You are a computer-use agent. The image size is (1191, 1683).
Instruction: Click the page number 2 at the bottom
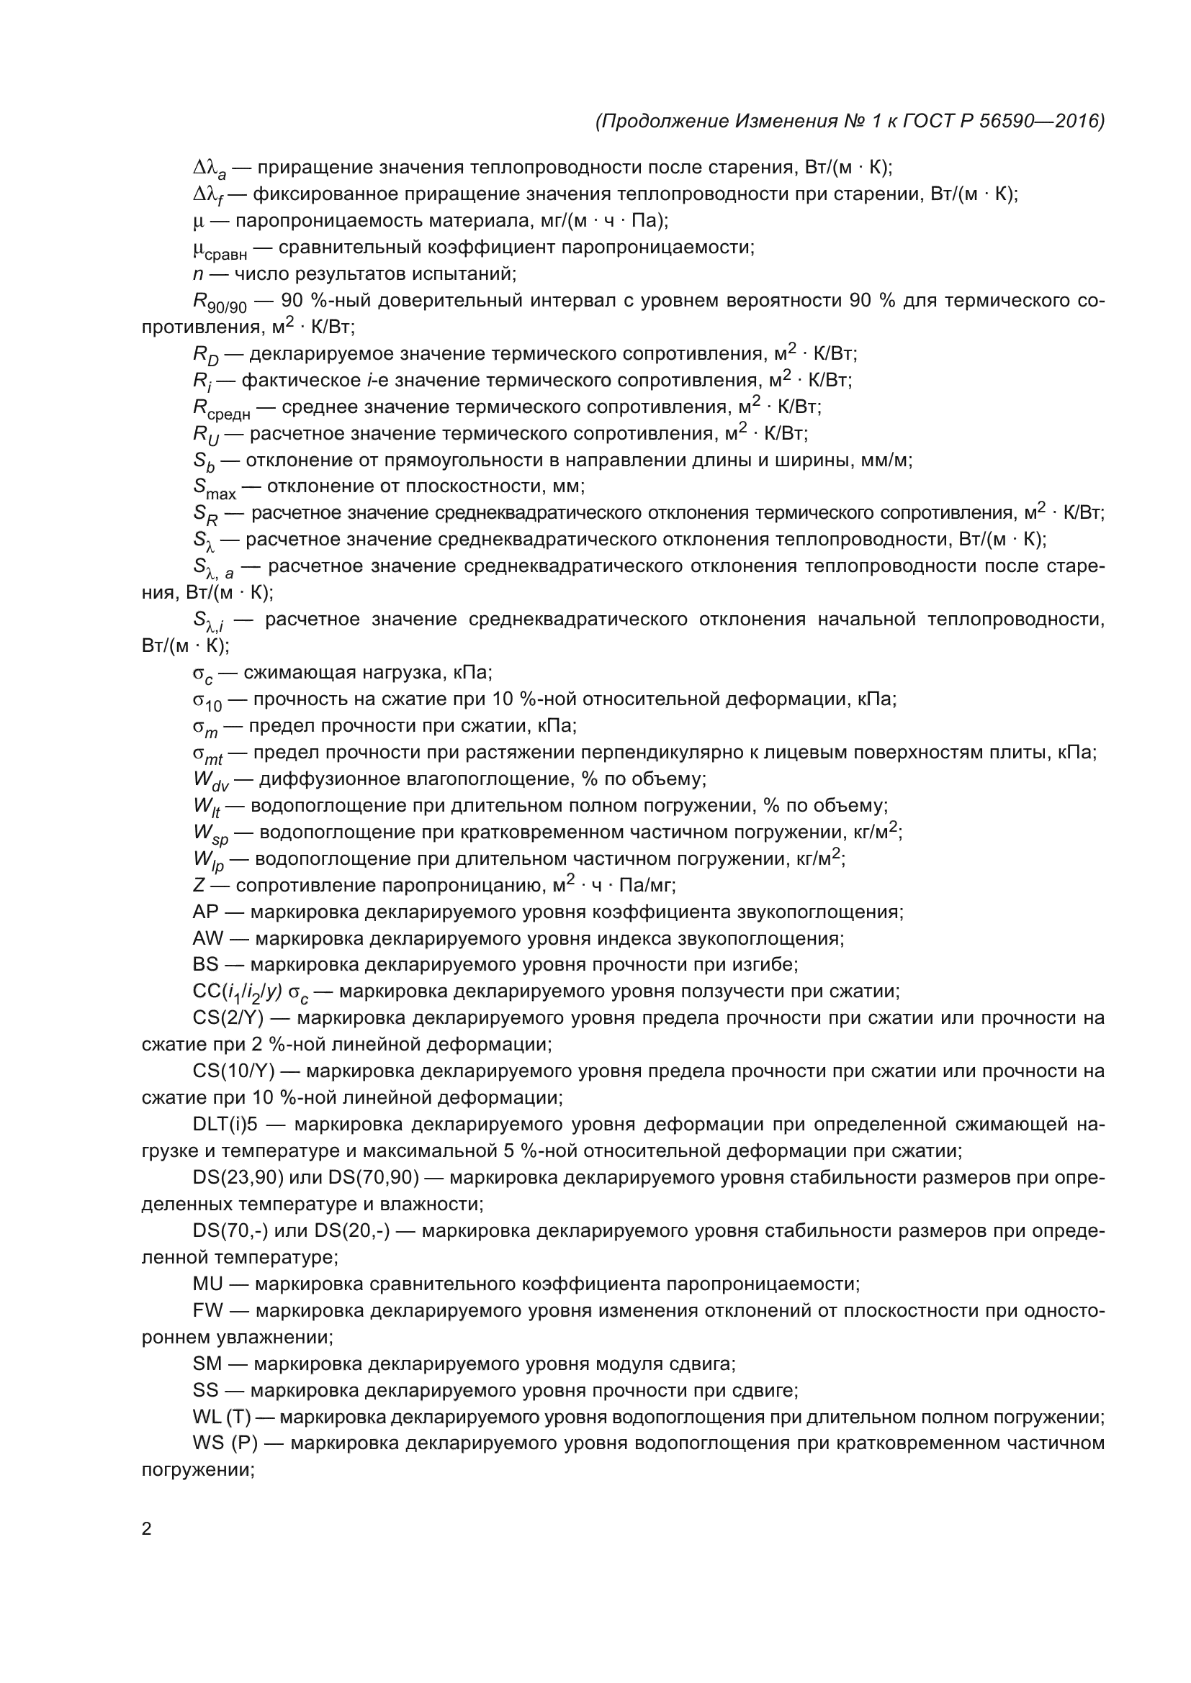pyautogui.click(x=147, y=1529)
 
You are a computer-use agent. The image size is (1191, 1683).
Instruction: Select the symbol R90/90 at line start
pyautogui.click(x=220, y=303)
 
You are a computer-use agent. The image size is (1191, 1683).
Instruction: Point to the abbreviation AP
pyautogui.click(x=205, y=912)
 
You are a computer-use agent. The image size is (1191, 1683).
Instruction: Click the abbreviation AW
pyautogui.click(x=207, y=938)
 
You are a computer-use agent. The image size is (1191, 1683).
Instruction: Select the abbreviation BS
pyautogui.click(x=205, y=965)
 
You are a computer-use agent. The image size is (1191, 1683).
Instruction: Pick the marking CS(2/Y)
pyautogui.click(x=233, y=1018)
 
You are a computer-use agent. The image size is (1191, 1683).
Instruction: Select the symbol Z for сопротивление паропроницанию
pyautogui.click(x=198, y=886)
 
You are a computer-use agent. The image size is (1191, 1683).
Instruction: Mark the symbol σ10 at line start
pyautogui.click(x=207, y=701)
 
